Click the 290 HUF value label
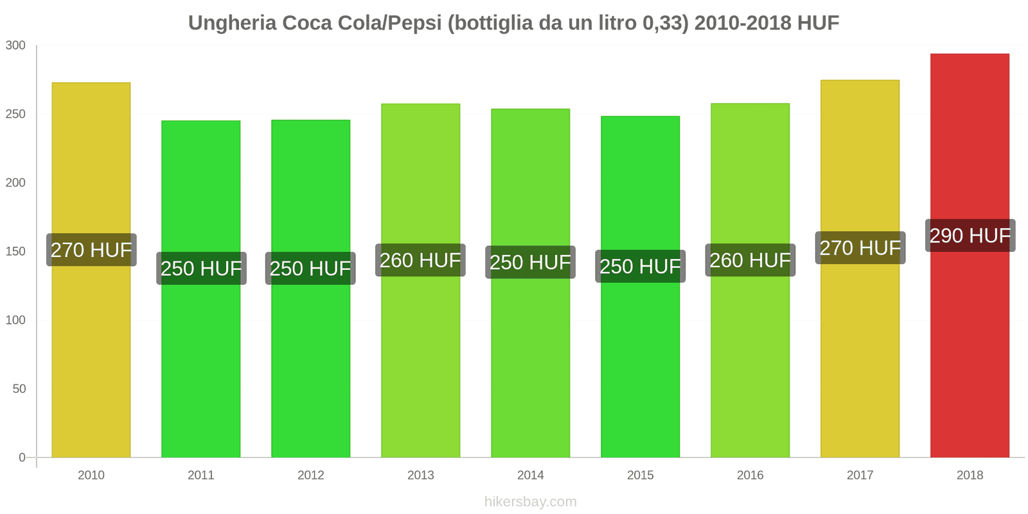970,236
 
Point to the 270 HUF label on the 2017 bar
860,248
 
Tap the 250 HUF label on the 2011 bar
201,269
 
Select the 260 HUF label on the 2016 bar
750,260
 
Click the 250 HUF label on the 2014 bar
530,262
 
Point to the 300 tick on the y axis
15,46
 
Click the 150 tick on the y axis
15,252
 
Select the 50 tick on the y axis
19,389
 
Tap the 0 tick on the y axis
22,458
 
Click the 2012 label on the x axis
311,475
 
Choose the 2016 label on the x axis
750,475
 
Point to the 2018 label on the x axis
970,475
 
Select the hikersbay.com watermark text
530,502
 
